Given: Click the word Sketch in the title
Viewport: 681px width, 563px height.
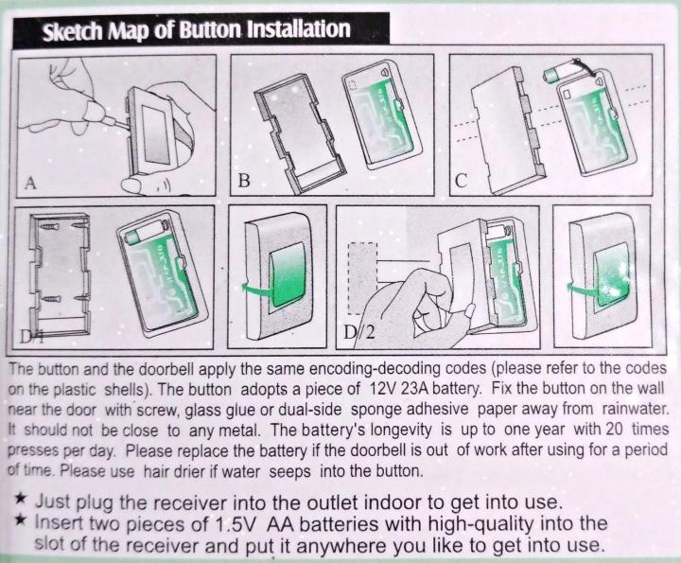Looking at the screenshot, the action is click(x=73, y=31).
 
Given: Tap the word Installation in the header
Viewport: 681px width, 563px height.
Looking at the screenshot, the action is click(x=298, y=28).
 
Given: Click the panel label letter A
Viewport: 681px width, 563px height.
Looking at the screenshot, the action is click(x=30, y=183).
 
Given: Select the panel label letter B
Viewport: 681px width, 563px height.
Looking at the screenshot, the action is click(x=244, y=181).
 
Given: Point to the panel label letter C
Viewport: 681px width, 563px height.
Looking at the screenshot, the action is click(x=462, y=181).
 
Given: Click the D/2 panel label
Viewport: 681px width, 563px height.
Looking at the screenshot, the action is click(x=358, y=332).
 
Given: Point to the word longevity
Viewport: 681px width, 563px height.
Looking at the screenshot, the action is click(x=406, y=431).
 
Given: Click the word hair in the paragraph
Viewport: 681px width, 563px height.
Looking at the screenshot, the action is click(x=153, y=471).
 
